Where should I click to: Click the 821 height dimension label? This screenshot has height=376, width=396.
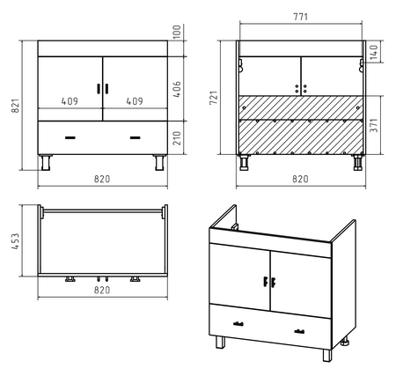coord(15,106)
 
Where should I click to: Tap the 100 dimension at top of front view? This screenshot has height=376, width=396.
coord(177,33)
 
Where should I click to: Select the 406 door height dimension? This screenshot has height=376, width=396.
coord(177,89)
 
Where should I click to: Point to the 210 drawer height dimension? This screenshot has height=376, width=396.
coord(177,138)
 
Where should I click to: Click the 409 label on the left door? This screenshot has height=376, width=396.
coord(70,101)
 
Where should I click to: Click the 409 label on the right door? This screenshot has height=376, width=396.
coord(135,101)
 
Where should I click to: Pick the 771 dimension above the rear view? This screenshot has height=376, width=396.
coord(301,17)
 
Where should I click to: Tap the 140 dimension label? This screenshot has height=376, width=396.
coord(374,52)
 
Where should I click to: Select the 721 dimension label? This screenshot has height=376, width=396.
coord(214,98)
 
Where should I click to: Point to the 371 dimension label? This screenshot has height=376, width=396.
coord(374,125)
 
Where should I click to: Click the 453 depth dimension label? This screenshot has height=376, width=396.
coord(15,241)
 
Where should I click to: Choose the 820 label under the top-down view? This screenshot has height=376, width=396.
coord(102,290)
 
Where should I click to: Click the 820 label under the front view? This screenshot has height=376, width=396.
coord(102,179)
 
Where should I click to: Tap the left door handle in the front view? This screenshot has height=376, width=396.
coord(99,89)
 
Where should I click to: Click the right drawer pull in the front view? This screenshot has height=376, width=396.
coord(136,137)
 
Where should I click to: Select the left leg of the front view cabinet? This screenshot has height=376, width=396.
coord(46,162)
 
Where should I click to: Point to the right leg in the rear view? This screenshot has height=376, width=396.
coord(358,162)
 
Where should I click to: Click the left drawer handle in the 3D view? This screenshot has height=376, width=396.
coord(238,324)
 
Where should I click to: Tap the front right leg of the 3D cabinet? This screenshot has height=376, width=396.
coord(327,355)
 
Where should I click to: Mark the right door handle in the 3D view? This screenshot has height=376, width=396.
coord(273,283)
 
